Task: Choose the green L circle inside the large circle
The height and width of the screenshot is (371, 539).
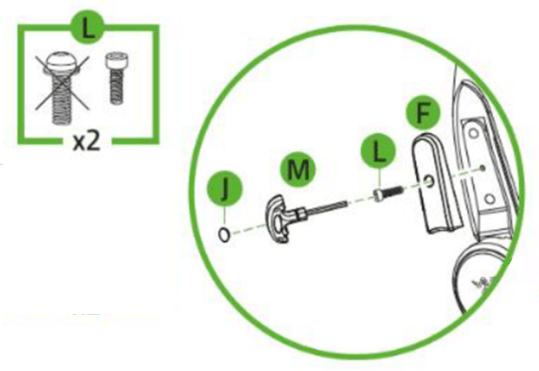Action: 379,152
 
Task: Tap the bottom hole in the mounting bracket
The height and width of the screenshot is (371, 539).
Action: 487,197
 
